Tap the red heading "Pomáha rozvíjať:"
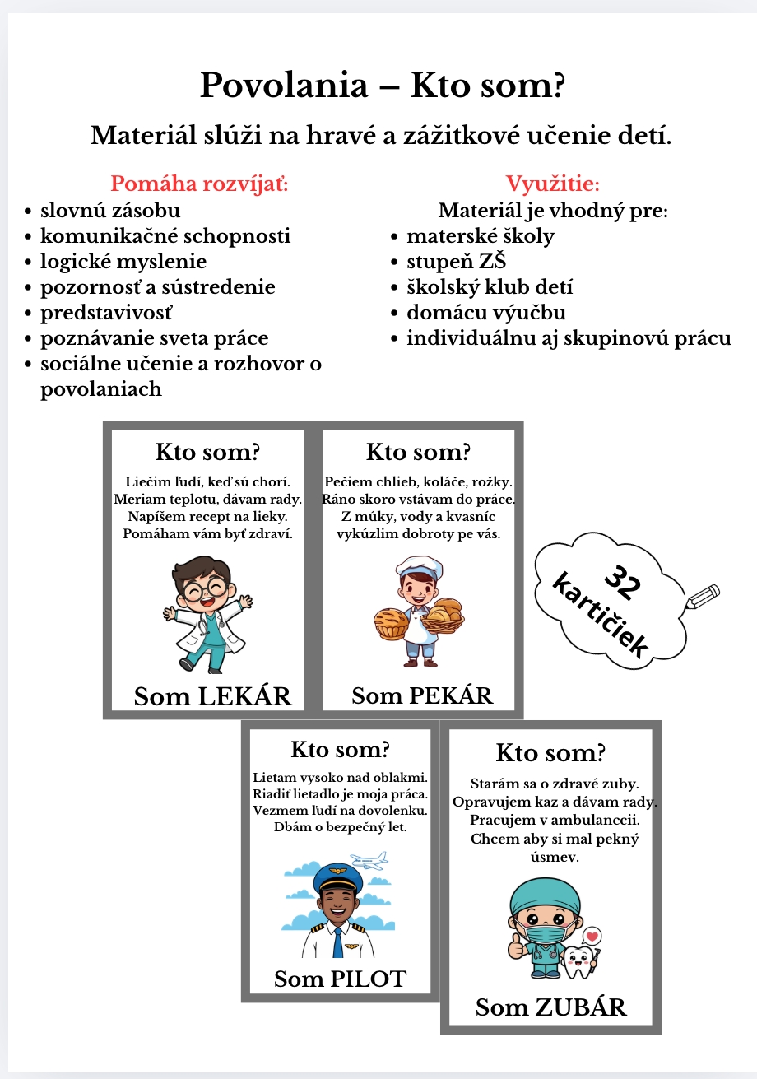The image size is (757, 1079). pyautogui.click(x=199, y=184)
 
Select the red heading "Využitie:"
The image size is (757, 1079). pyautogui.click(x=552, y=184)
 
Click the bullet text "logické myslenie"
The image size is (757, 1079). pyautogui.click(x=123, y=262)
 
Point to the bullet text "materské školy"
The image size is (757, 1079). pyautogui.click(x=481, y=236)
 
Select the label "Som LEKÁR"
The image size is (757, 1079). pyautogui.click(x=213, y=696)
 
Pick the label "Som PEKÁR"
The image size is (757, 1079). pyautogui.click(x=422, y=695)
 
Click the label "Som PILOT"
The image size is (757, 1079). pyautogui.click(x=340, y=979)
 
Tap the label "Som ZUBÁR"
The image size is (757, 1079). pyautogui.click(x=550, y=1007)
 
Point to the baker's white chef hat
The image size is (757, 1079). pyautogui.click(x=419, y=567)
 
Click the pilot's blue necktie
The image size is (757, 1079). pyautogui.click(x=337, y=941)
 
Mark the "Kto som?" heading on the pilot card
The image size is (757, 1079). pyautogui.click(x=340, y=750)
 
